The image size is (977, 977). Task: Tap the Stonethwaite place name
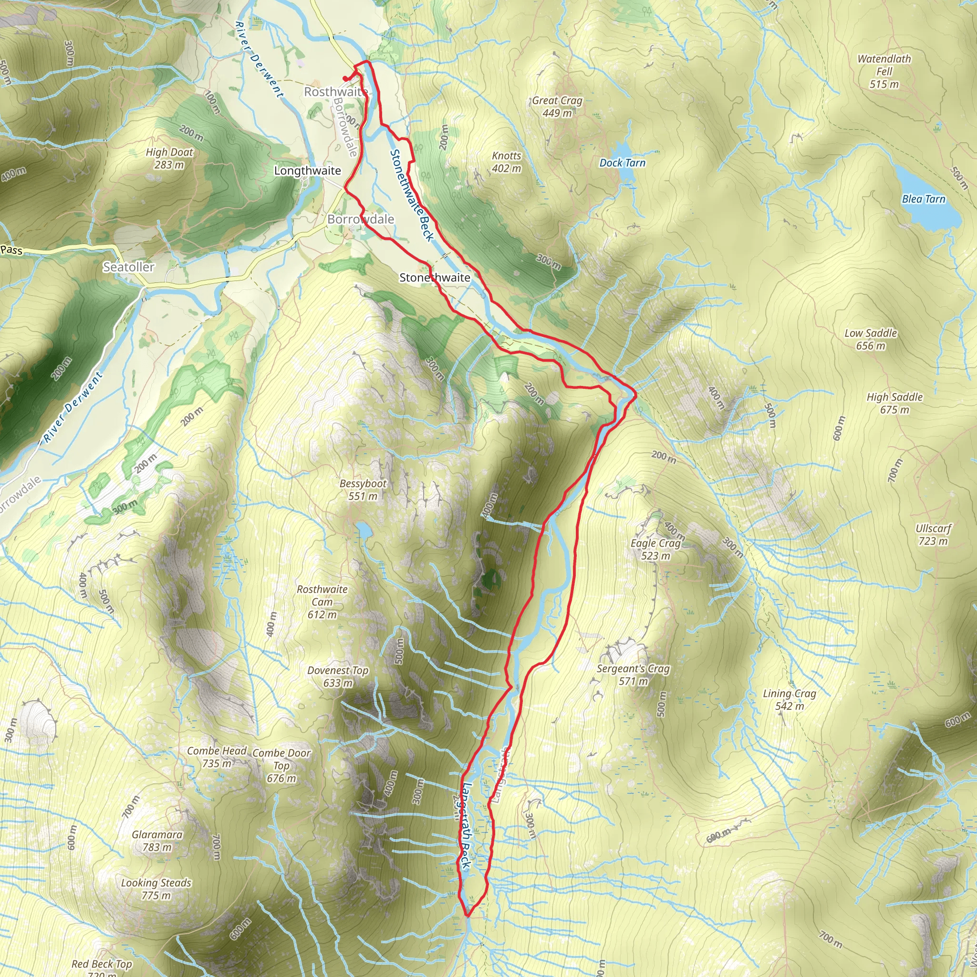tap(435, 278)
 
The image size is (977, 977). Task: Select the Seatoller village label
tap(128, 267)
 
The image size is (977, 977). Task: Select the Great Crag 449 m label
tap(557, 107)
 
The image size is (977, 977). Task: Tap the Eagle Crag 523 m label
tap(655, 549)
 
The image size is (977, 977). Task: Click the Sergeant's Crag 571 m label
tap(633, 675)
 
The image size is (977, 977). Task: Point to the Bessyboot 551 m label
tap(363, 489)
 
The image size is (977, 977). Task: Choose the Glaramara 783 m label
tap(157, 841)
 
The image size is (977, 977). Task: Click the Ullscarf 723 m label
tap(933, 534)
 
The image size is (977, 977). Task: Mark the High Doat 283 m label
tap(169, 158)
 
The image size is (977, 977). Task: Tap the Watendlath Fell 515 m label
tap(884, 71)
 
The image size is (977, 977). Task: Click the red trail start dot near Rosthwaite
tap(345, 78)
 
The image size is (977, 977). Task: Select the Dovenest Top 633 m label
tap(337, 676)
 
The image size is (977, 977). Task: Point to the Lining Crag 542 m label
tap(789, 699)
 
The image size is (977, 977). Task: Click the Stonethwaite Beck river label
tap(412, 195)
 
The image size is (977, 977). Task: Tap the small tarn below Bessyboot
tap(363, 530)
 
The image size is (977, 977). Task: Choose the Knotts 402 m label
tap(506, 162)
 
